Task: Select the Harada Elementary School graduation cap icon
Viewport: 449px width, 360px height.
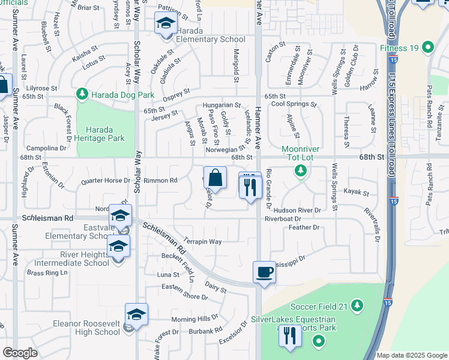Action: (x=164, y=23)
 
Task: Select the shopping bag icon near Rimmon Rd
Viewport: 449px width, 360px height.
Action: (x=215, y=178)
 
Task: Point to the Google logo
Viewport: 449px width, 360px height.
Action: (x=20, y=353)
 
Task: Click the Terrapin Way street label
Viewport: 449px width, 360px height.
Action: (x=202, y=241)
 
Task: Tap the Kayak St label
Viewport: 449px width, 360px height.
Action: (x=355, y=191)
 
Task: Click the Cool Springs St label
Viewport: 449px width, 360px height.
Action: (x=294, y=104)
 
